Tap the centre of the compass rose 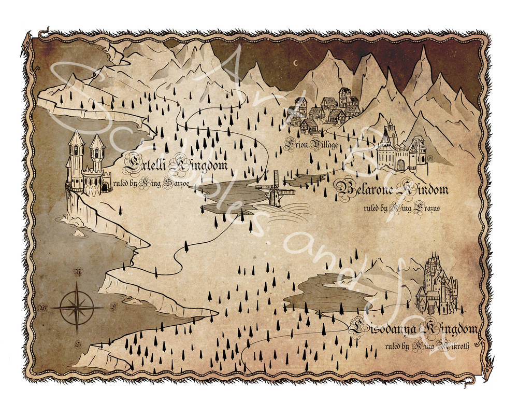[x=76, y=307]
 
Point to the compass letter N [x=78, y=271]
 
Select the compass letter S [x=78, y=343]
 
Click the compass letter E [x=114, y=306]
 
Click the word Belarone [x=365, y=189]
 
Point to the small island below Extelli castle [x=78, y=233]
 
